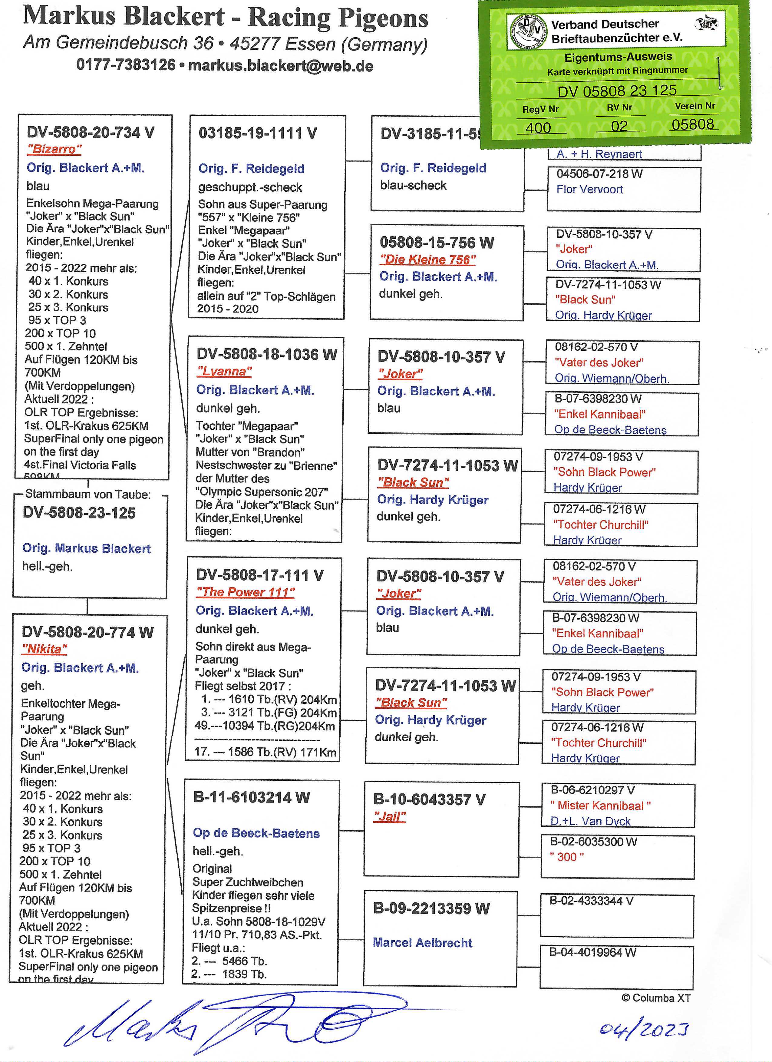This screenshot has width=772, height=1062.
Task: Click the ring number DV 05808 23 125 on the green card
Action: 617,90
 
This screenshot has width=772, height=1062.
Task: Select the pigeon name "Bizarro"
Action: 54,149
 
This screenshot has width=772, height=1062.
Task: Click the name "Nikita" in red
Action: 45,649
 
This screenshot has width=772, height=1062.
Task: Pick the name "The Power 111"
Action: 245,592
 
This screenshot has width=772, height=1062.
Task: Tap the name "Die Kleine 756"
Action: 427,260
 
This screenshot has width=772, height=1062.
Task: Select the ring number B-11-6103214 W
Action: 251,797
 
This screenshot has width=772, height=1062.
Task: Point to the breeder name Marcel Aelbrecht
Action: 422,943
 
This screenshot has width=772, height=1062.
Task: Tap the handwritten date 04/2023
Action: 644,1029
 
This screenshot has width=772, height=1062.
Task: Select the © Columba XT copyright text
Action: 656,998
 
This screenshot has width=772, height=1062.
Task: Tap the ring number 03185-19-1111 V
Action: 258,133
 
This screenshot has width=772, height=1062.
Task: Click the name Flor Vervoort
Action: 589,189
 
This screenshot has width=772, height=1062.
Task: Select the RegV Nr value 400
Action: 538,127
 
